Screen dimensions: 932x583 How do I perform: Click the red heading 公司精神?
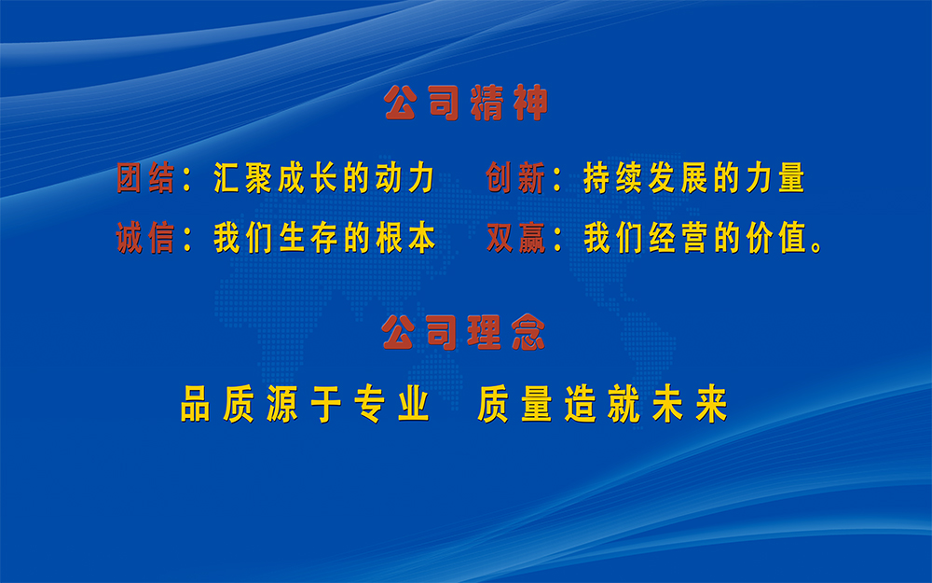click(x=466, y=103)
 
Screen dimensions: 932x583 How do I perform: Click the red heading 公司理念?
click(x=463, y=332)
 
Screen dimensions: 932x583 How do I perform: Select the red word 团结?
click(x=145, y=178)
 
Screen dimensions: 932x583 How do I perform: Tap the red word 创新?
click(x=515, y=178)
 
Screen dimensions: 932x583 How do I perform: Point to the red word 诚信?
click(x=145, y=238)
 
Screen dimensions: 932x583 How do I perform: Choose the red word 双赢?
click(x=515, y=238)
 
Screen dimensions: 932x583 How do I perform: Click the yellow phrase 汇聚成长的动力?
click(x=324, y=178)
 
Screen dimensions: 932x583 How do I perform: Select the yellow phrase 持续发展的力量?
click(x=693, y=178)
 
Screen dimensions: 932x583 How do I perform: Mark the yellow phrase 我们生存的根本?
click(x=324, y=238)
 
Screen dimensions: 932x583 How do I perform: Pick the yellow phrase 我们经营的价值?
click(x=693, y=238)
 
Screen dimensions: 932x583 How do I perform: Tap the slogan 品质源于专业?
click(x=305, y=404)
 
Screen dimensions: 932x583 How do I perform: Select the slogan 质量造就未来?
click(x=603, y=404)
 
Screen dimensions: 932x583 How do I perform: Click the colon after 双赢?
click(x=557, y=240)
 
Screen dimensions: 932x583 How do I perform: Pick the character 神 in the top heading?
click(x=530, y=103)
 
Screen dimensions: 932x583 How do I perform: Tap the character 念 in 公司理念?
click(x=528, y=332)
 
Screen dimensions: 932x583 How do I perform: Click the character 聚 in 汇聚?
click(x=258, y=178)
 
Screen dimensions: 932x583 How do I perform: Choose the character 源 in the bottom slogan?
click(x=282, y=404)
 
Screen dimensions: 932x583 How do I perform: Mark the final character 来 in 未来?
click(x=711, y=404)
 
